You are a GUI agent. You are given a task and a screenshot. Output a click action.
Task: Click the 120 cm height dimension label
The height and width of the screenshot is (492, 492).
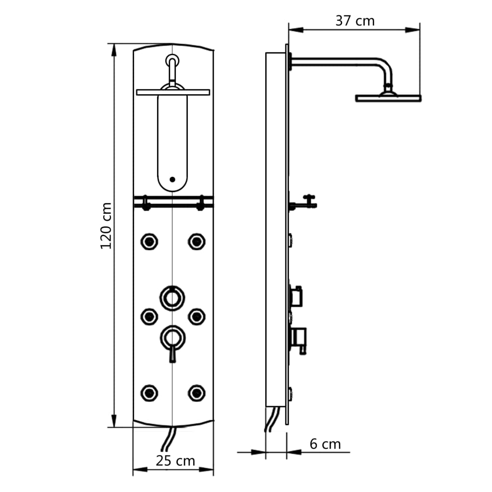point(106,225)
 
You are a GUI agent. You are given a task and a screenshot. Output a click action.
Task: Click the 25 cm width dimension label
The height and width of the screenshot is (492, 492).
point(175,461)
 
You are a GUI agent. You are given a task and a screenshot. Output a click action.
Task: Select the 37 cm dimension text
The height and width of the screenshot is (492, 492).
point(355,21)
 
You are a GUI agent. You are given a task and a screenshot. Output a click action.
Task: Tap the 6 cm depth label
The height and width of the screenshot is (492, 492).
point(325,444)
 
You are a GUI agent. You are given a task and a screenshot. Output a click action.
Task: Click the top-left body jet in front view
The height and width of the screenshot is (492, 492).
point(149,241)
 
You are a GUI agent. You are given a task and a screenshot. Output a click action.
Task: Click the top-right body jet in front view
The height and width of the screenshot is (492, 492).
point(196,241)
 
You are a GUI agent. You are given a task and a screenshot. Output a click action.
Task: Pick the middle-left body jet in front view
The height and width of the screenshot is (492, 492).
point(149,316)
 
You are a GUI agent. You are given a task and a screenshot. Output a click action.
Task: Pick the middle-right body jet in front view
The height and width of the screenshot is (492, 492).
point(196,316)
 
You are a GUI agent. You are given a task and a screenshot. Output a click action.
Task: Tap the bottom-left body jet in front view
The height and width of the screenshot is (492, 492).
point(149,393)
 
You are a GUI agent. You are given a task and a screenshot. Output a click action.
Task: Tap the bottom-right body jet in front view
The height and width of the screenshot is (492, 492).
point(196,393)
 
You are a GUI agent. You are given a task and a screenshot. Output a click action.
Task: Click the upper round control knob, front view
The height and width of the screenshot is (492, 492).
point(172,297)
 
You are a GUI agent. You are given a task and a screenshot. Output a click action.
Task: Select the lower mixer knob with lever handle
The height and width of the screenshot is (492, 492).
point(172,338)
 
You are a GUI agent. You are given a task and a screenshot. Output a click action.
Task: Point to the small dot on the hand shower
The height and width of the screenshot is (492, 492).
point(172,180)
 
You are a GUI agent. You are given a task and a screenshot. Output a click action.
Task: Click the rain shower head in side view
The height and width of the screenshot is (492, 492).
point(388,98)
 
